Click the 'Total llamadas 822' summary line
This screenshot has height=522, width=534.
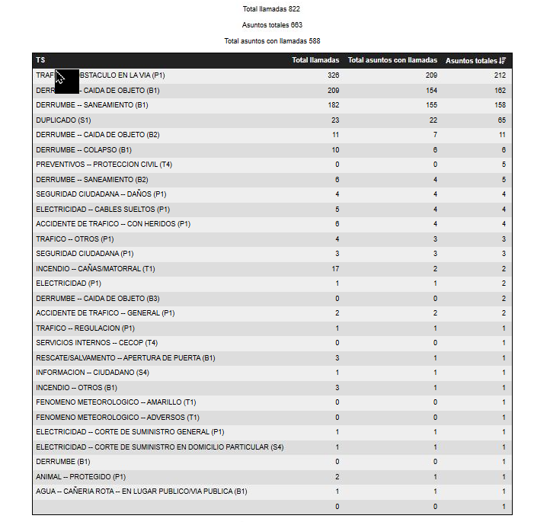point(267,9)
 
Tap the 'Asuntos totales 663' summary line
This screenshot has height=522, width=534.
point(267,25)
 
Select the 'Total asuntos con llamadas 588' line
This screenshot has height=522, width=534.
point(267,40)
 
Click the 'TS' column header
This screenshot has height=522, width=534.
point(40,60)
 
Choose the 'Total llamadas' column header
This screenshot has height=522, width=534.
point(315,60)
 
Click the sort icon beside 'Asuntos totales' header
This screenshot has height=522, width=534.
point(503,60)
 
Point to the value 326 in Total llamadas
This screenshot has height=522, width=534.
point(333,75)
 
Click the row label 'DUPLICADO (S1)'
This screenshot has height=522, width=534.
point(63,120)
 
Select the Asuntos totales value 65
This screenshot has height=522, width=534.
point(501,120)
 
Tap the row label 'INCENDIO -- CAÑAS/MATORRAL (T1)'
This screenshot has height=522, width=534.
point(95,269)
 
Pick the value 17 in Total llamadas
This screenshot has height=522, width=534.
point(334,269)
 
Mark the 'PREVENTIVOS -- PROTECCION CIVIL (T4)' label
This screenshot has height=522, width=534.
point(104,165)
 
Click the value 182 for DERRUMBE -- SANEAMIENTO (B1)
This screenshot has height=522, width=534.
point(333,105)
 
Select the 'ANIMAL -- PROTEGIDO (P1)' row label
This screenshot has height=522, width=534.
point(81,477)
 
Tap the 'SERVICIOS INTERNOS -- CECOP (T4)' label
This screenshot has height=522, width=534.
point(97,343)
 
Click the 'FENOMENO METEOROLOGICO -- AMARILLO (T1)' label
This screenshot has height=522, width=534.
point(116,402)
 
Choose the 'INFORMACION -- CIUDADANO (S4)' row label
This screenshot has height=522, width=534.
point(92,373)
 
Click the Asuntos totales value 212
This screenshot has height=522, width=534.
point(500,75)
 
